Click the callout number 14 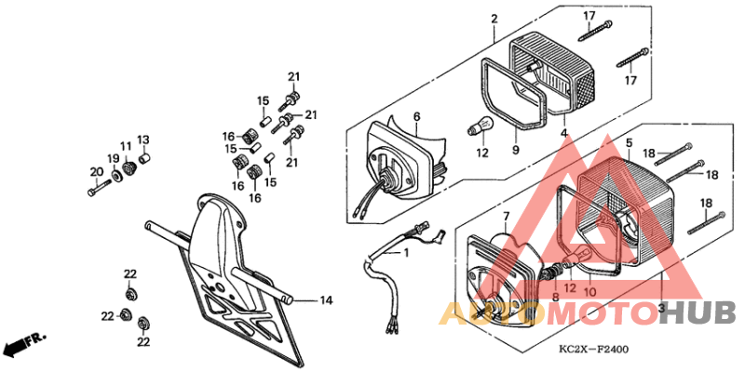[x=326, y=300]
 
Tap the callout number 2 [x=494, y=19]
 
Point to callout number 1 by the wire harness [x=406, y=253]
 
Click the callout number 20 [x=94, y=171]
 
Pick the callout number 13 [x=143, y=139]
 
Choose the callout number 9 [x=515, y=151]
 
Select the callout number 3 [x=660, y=306]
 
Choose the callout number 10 [x=589, y=291]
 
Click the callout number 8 [x=556, y=298]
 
